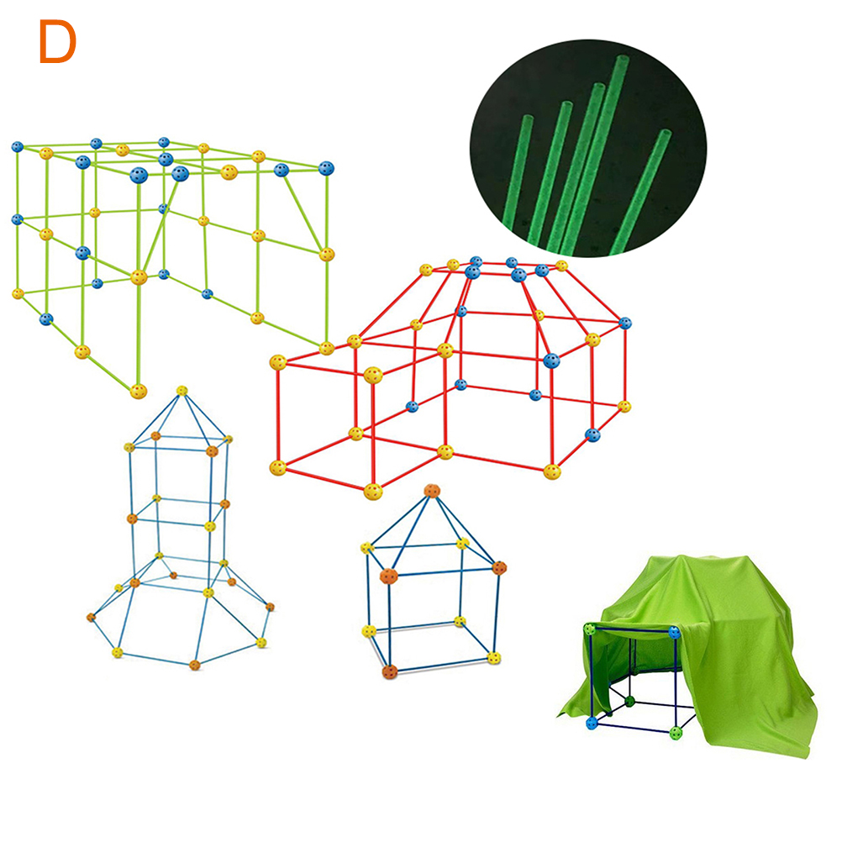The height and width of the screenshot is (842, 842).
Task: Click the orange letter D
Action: point(57,42)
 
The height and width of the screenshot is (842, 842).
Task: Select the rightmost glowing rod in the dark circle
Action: point(640,191)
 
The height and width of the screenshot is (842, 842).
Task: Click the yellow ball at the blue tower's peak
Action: point(182,391)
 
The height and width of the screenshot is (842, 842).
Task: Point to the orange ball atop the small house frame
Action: point(432,490)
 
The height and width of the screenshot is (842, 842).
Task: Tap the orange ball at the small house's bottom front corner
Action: point(389,671)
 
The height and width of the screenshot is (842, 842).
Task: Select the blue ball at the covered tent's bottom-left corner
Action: point(592,723)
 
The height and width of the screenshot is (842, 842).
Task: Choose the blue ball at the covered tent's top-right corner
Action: point(675,632)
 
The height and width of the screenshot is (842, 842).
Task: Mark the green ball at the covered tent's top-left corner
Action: point(590,629)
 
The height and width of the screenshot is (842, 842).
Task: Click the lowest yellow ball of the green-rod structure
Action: point(139,391)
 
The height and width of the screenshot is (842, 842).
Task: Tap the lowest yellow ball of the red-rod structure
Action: point(372,491)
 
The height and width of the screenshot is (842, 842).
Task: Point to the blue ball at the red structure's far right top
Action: point(625,323)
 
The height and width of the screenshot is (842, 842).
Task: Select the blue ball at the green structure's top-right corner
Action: point(326,168)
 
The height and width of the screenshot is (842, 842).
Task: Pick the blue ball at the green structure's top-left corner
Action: point(17,146)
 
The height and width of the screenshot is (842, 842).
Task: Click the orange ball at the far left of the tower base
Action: point(91,618)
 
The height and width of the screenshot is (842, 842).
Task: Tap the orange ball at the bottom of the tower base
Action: point(195,665)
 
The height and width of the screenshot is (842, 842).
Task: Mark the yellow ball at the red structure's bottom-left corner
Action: point(277,468)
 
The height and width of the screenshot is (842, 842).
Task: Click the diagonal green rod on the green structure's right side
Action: point(303,212)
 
